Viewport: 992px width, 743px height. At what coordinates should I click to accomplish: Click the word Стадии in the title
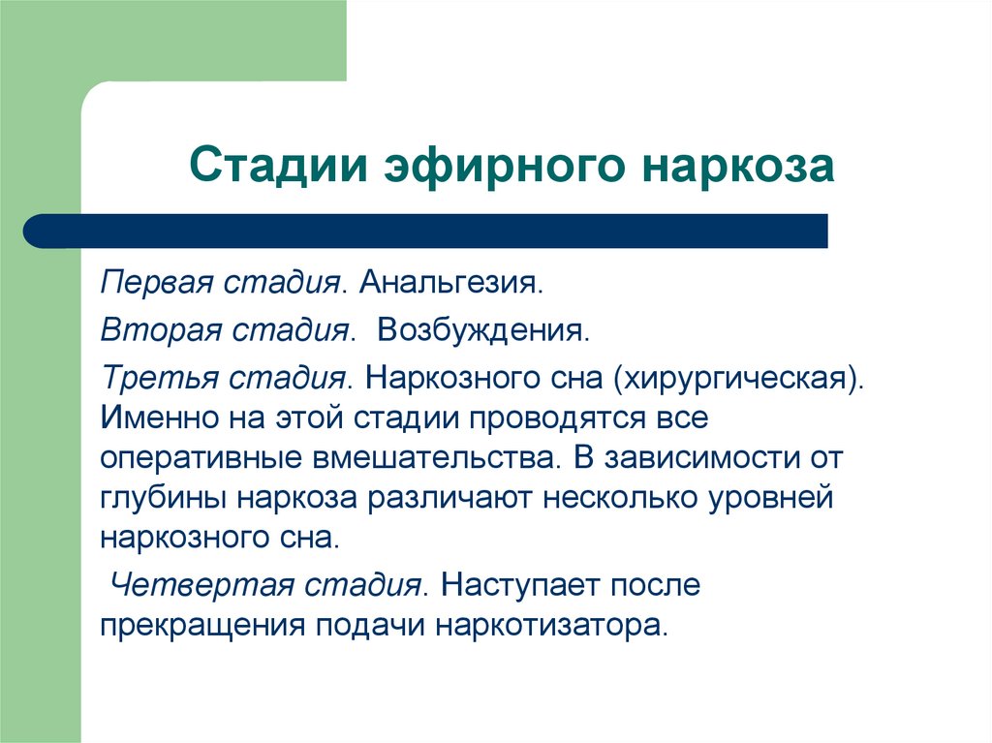click(x=278, y=166)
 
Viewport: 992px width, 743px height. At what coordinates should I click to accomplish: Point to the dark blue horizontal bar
click(x=425, y=231)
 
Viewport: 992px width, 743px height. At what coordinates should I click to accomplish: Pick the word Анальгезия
click(x=451, y=283)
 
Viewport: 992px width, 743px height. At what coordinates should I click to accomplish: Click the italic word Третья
click(x=160, y=379)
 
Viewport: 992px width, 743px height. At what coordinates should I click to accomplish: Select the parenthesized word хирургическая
click(x=737, y=379)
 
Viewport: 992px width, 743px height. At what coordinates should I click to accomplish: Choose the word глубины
click(x=164, y=498)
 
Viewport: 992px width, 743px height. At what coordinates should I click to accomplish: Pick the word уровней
click(x=770, y=499)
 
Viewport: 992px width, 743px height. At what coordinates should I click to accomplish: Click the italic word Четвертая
click(x=201, y=585)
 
